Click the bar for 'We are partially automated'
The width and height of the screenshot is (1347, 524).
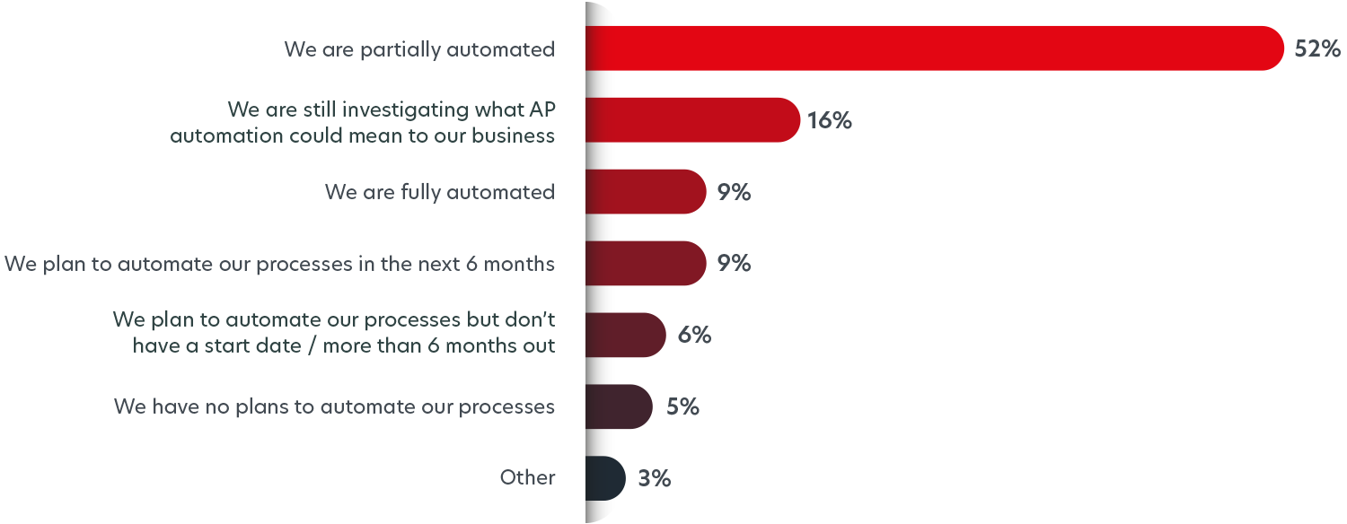click(934, 48)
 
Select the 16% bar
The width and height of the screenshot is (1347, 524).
click(691, 120)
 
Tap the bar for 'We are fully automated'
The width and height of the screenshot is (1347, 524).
click(645, 191)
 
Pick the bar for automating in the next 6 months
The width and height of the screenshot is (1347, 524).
click(645, 263)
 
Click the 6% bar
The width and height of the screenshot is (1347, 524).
click(625, 335)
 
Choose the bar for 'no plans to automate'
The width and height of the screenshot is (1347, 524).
click(619, 406)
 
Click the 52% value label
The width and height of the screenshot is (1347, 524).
click(1317, 48)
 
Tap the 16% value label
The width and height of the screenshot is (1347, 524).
click(829, 120)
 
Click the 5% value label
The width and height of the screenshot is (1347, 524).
click(682, 406)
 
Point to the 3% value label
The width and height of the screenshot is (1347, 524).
click(655, 478)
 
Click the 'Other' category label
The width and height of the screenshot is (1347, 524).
click(528, 478)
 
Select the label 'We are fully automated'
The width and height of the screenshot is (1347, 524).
click(440, 192)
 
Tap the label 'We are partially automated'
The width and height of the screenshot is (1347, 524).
click(419, 49)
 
